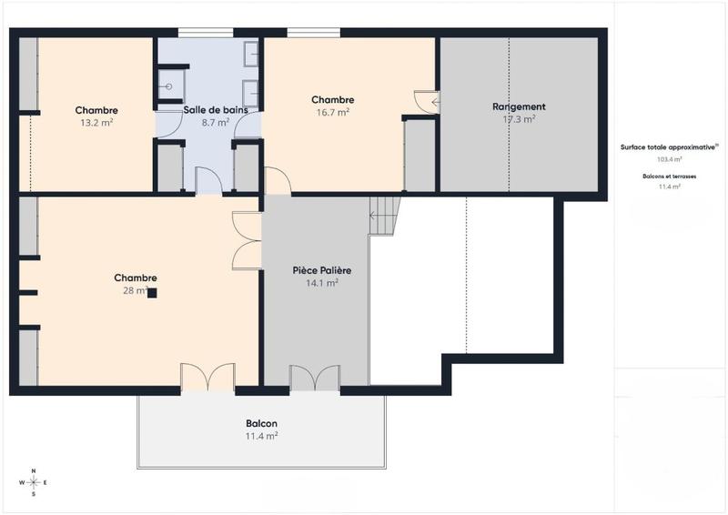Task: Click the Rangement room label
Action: point(519,106)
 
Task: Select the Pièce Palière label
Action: point(322,270)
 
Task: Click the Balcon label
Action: point(261,424)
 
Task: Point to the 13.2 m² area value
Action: point(96,122)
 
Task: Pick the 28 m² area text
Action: point(135,290)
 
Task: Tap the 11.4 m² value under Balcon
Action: point(261,436)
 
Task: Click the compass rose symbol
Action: point(34,482)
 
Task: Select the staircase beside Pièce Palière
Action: point(384,215)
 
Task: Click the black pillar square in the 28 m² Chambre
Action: point(153,293)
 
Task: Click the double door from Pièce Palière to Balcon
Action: point(315,378)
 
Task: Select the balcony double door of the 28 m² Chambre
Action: point(207,378)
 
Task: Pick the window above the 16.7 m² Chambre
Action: point(315,34)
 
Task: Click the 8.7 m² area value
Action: point(216,122)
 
